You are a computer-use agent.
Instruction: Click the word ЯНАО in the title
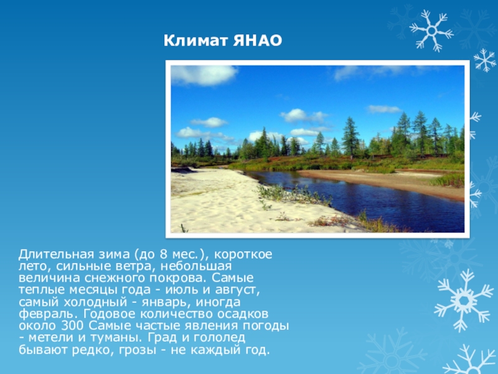[257, 41]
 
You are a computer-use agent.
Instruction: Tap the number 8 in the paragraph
[164, 254]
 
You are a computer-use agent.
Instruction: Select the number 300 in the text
[72, 326]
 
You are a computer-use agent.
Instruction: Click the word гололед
[219, 338]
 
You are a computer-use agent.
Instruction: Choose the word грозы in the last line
[137, 350]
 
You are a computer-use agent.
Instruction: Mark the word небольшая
[196, 266]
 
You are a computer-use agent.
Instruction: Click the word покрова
[179, 279]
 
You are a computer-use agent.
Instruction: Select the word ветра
[138, 267]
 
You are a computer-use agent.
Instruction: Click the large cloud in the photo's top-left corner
[204, 75]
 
